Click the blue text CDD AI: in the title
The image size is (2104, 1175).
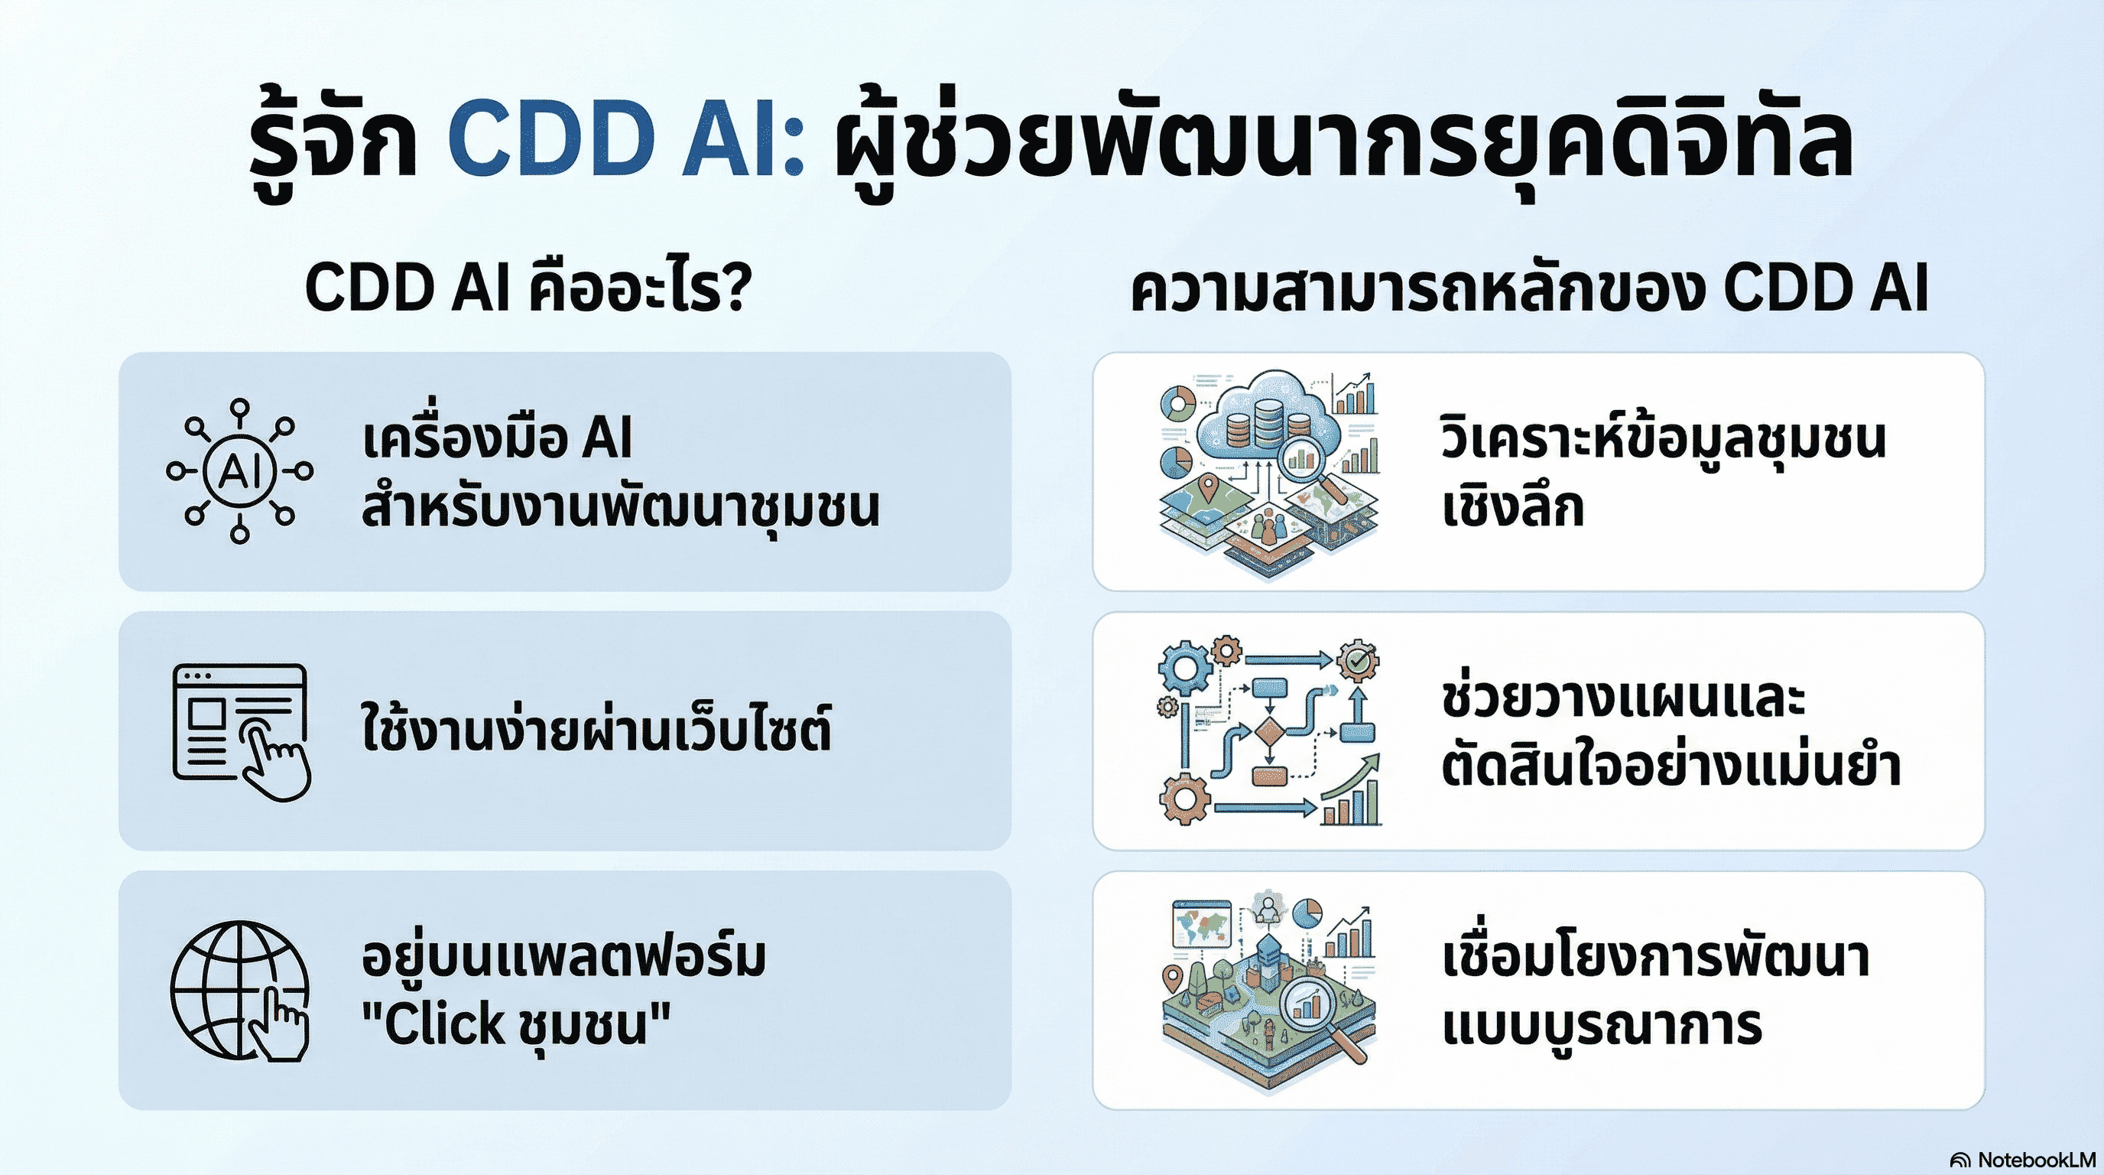point(625,139)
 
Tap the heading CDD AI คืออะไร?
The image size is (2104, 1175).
point(527,288)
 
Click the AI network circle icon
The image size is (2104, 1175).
point(239,471)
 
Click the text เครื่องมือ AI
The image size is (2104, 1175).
point(497,438)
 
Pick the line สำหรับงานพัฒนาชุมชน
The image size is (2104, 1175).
point(621,506)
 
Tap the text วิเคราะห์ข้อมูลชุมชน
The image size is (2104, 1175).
point(1663,438)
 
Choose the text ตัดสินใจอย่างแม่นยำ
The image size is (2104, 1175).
point(1671,767)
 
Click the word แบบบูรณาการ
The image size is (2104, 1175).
point(1601,1026)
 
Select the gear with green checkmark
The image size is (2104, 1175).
point(1358,661)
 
